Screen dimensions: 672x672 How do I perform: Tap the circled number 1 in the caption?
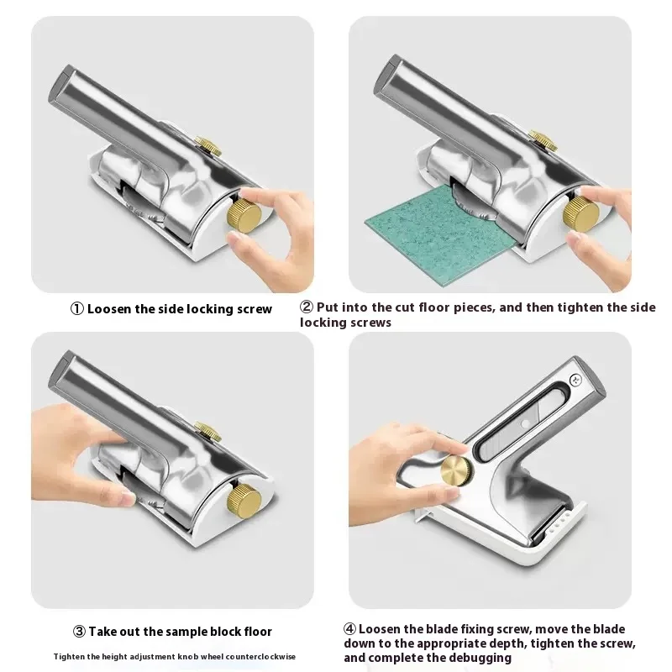pyautogui.click(x=76, y=309)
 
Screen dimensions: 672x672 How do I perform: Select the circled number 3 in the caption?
pyautogui.click(x=76, y=632)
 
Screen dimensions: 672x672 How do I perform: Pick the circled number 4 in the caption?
pyautogui.click(x=349, y=629)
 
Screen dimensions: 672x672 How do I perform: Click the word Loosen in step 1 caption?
pyautogui.click(x=111, y=309)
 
